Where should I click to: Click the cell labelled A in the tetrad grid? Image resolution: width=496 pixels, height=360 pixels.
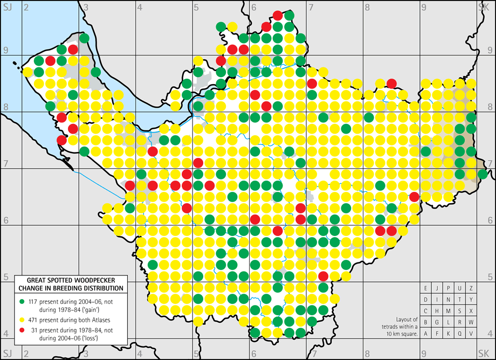click(426, 334)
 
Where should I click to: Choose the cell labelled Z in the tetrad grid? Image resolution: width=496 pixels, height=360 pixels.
click(471, 288)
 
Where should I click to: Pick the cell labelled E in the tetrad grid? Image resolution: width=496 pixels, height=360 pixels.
click(426, 288)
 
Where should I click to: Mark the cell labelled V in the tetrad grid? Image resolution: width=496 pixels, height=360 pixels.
click(471, 334)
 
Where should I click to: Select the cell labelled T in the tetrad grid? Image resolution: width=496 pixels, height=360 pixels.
click(460, 300)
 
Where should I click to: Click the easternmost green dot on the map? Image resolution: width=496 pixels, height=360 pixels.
click(483, 174)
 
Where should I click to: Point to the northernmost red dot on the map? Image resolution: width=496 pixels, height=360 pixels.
click(278, 15)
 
